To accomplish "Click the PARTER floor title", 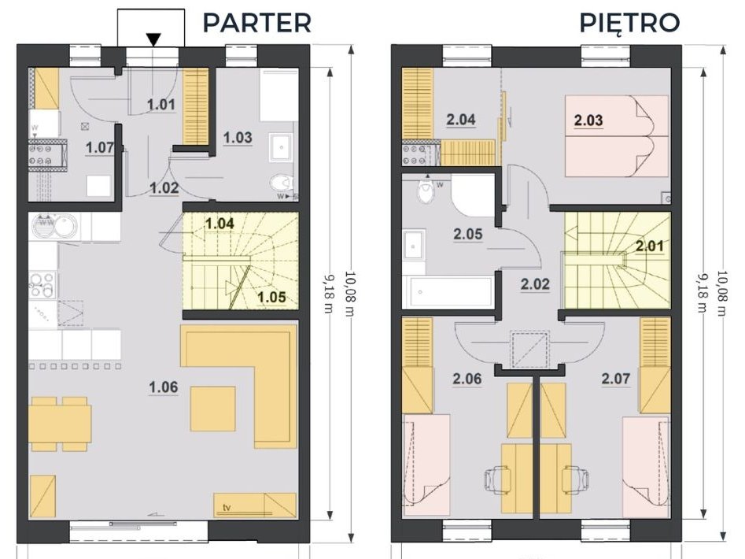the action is (x=257, y=22).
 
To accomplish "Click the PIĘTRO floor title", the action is (x=629, y=22).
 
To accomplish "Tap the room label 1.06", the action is (x=164, y=387).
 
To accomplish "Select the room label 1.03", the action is (x=238, y=137).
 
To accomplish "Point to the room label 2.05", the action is (x=468, y=234).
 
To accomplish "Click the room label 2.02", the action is (x=535, y=284).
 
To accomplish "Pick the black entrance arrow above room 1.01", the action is (x=153, y=39).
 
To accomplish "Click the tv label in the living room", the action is (x=227, y=508).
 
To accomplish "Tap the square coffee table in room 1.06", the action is (x=213, y=409).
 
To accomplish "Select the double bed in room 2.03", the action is (x=616, y=136).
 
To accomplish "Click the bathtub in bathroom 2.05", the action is (x=448, y=291).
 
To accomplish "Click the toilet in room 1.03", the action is (x=282, y=183).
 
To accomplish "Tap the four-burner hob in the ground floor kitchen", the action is (x=42, y=286).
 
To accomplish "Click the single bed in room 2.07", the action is (x=646, y=467).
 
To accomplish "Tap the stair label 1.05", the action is (x=271, y=297).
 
